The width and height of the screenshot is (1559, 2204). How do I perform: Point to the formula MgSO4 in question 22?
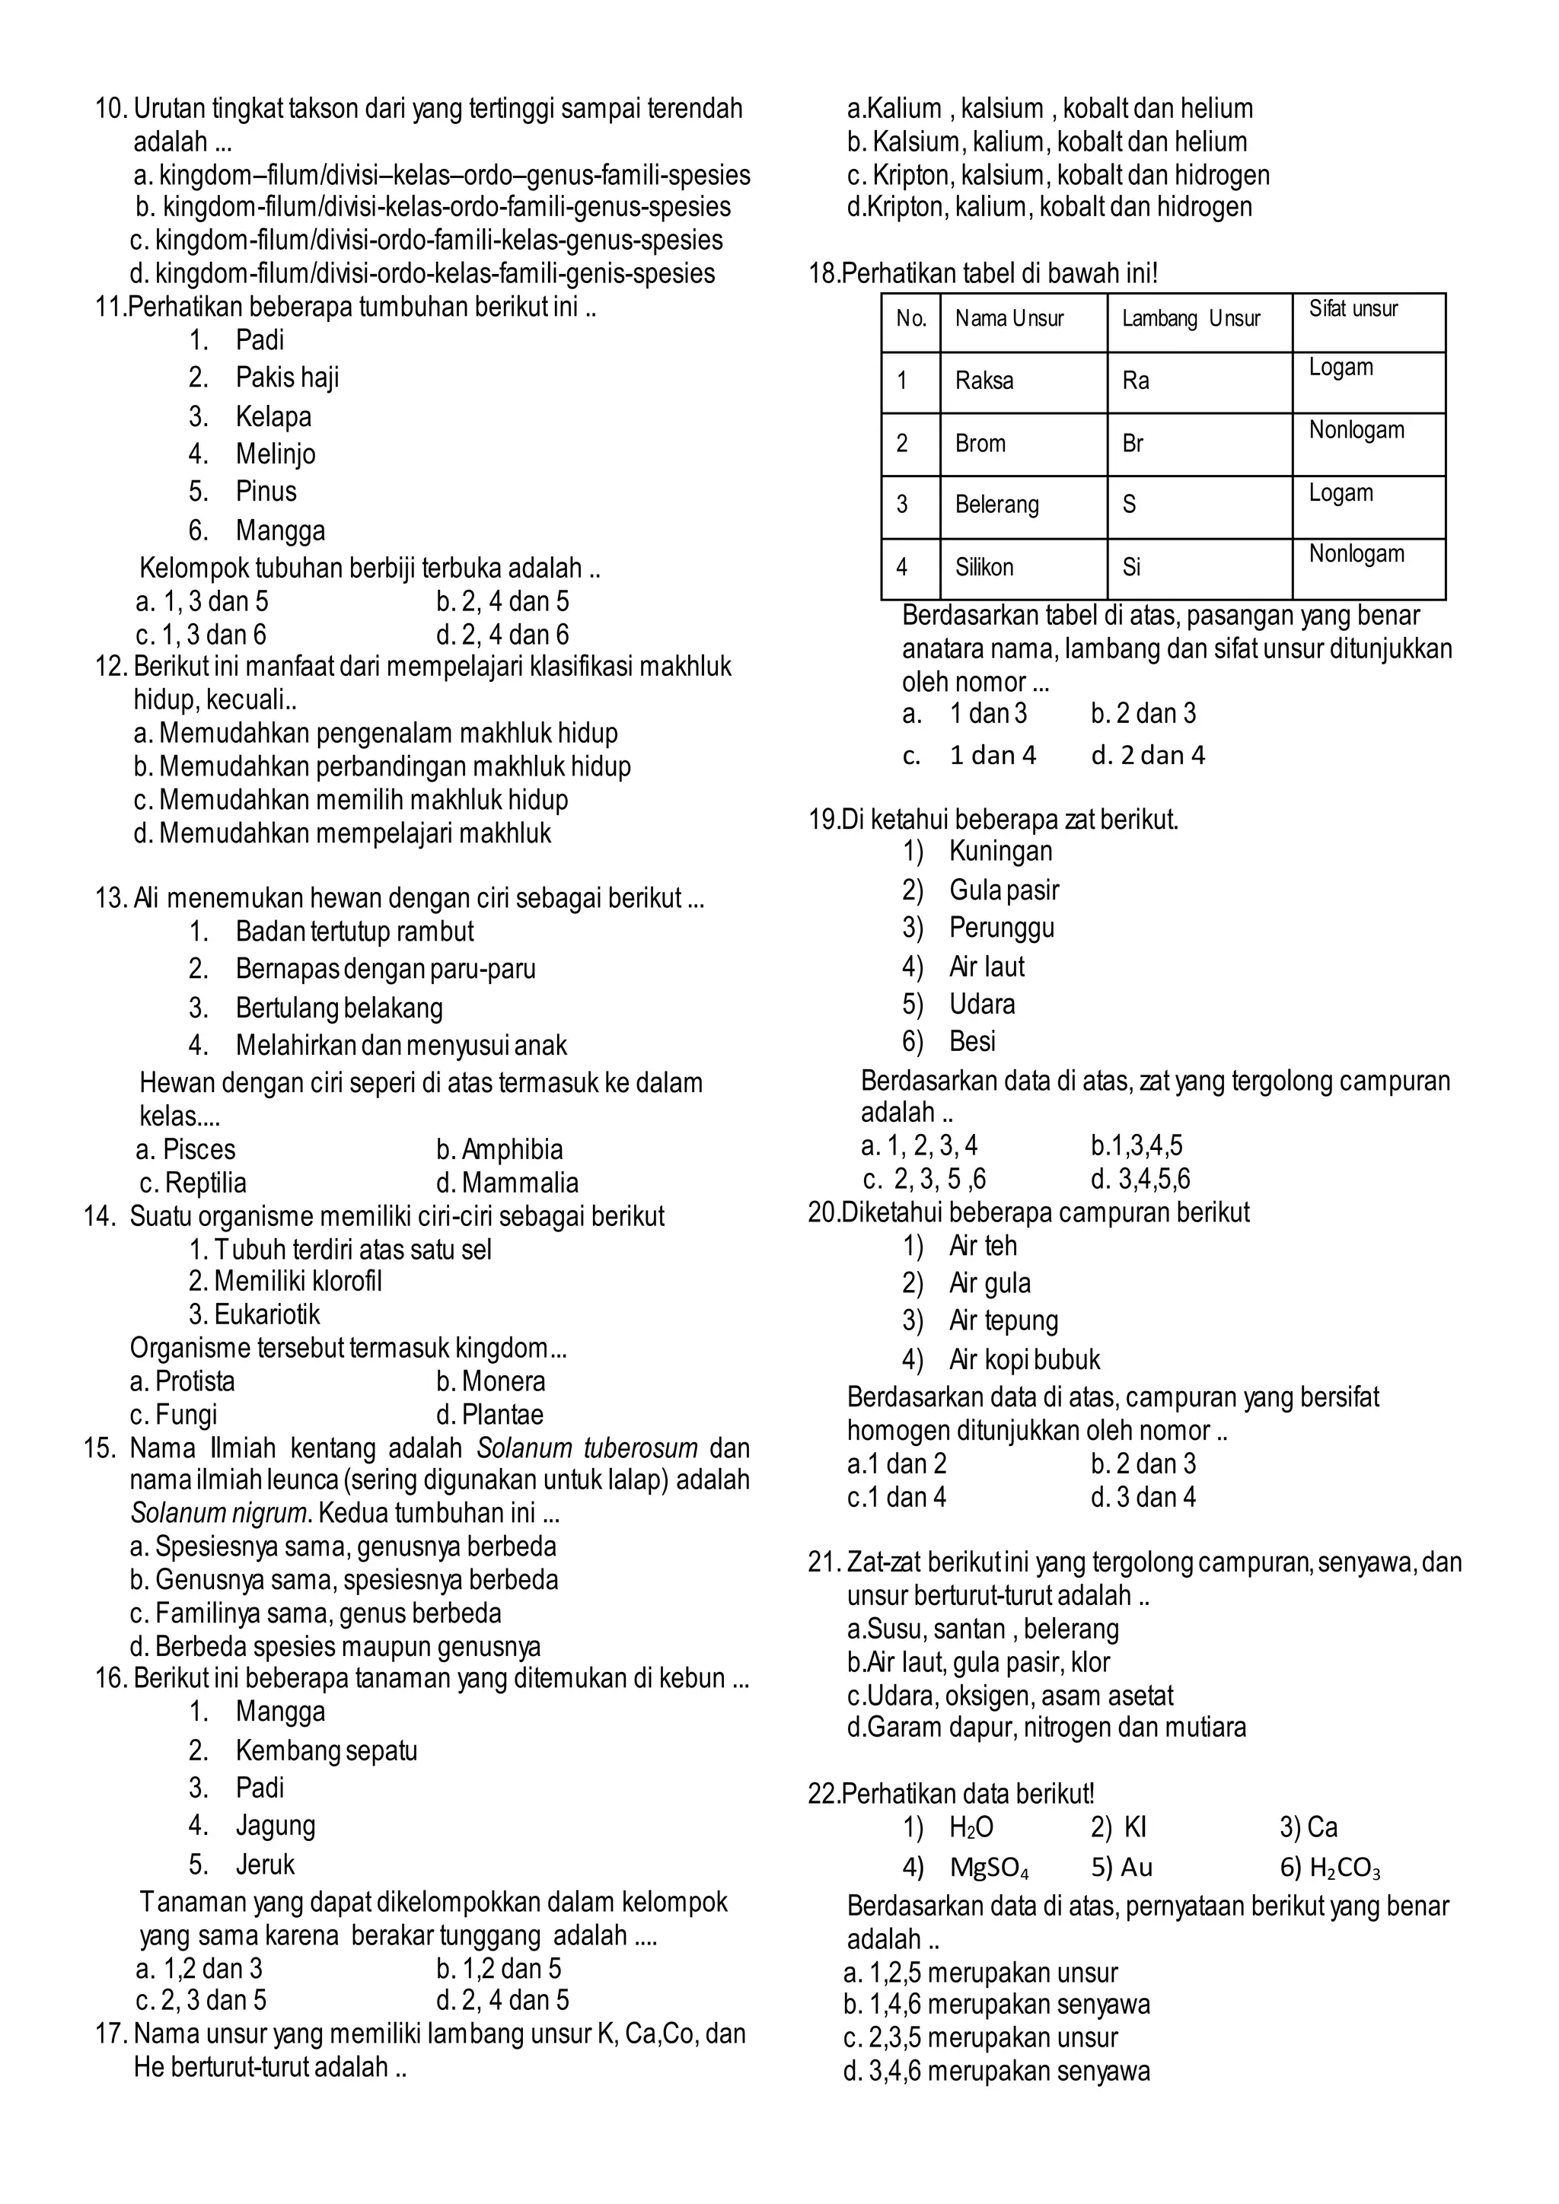tap(989, 1868)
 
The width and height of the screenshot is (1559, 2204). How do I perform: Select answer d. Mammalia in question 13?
tap(507, 1183)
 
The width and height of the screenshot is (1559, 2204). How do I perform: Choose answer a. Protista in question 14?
tap(183, 1381)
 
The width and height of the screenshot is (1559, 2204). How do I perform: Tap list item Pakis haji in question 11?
tap(287, 378)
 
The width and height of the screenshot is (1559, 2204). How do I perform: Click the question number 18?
tap(824, 275)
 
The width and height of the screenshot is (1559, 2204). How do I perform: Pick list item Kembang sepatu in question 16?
tap(327, 1751)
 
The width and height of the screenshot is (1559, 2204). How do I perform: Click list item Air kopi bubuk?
tap(1025, 1360)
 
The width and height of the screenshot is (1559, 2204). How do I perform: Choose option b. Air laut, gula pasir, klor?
tap(978, 1663)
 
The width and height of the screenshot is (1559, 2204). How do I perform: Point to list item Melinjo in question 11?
tap(276, 454)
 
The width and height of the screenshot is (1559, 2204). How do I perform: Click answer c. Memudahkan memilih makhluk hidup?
tap(352, 800)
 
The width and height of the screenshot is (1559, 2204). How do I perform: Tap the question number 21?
tap(824, 1562)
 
